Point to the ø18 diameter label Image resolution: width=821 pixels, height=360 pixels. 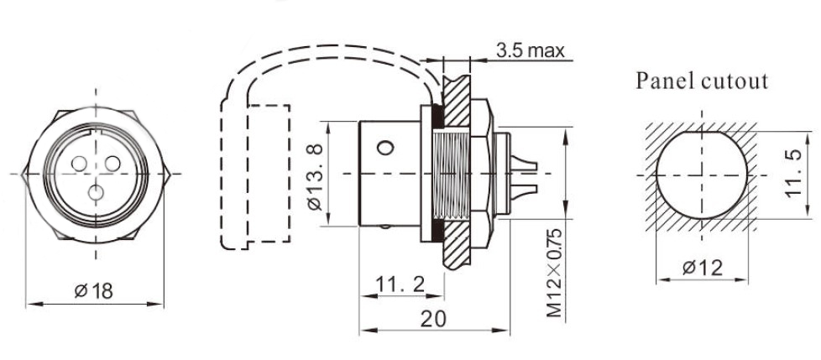93,291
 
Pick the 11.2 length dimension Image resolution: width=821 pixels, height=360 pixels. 400,285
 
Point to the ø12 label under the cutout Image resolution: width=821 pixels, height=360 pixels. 702,269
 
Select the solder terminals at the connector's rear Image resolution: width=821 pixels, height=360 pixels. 525,173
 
